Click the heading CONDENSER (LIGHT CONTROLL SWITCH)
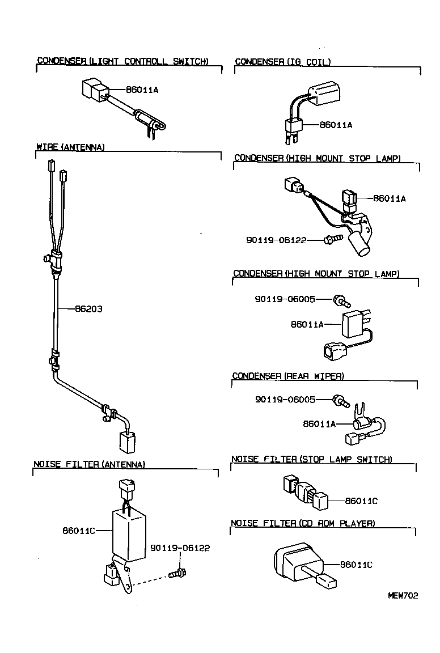(x=122, y=61)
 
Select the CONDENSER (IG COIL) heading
(x=282, y=62)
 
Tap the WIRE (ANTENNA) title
(x=70, y=147)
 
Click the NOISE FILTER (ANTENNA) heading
(x=89, y=464)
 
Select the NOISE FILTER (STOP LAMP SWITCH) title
(x=311, y=459)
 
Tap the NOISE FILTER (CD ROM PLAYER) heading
(x=303, y=523)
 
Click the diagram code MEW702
(x=403, y=595)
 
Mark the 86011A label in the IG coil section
(x=336, y=125)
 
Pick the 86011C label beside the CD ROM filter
(x=356, y=565)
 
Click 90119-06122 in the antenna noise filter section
(x=180, y=548)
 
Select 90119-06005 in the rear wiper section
(x=285, y=399)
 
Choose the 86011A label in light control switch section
(x=142, y=90)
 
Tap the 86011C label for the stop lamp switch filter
(x=361, y=501)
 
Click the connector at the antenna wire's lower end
(x=126, y=440)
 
